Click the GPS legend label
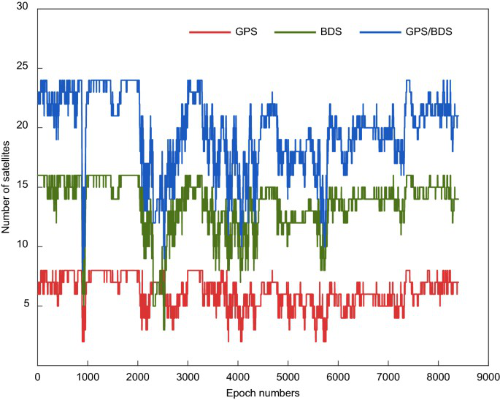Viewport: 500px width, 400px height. [x=246, y=31]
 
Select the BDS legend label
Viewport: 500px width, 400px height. [x=331, y=31]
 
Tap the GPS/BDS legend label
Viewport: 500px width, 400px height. [x=428, y=31]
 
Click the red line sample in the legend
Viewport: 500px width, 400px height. [x=209, y=32]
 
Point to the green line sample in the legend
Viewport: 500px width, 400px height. [x=295, y=32]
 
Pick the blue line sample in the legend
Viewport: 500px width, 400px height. [x=380, y=32]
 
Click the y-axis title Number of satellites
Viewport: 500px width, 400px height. [x=5, y=187]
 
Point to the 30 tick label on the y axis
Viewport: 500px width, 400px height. [x=23, y=7]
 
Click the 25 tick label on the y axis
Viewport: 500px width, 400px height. [x=23, y=66]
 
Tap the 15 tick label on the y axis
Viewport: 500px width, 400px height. [x=23, y=185]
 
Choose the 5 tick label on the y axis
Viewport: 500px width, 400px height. [x=26, y=303]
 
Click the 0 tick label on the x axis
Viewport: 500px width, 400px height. [x=38, y=377]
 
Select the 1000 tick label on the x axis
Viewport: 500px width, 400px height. [x=88, y=377]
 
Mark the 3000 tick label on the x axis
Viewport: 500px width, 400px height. [x=188, y=377]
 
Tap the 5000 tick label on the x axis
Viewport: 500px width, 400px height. [x=288, y=377]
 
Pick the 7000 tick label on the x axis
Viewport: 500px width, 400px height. [x=388, y=377]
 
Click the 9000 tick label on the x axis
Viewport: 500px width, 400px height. [x=488, y=377]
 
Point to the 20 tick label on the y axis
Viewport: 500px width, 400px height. [x=23, y=126]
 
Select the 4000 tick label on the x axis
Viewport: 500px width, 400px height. [x=238, y=377]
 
